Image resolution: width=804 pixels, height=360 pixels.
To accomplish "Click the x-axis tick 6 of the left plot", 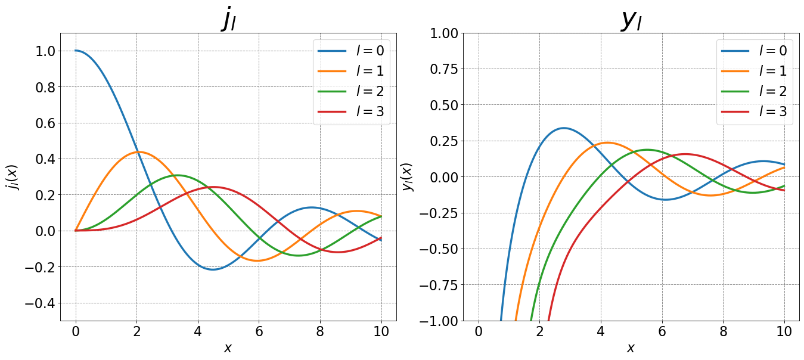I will (x=259, y=332).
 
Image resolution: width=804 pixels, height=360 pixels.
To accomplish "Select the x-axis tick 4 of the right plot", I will (x=601, y=332).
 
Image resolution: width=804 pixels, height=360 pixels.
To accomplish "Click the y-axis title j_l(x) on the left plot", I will (x=12, y=176).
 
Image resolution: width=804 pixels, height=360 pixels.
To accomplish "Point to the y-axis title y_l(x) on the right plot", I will (x=408, y=176).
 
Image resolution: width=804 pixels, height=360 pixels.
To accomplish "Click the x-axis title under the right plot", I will (x=631, y=348).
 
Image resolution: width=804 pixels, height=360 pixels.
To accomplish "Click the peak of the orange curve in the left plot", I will (x=139, y=152).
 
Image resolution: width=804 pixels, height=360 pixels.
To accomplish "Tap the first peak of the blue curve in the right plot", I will (x=564, y=128).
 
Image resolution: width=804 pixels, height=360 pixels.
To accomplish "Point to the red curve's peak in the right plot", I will (x=685, y=154).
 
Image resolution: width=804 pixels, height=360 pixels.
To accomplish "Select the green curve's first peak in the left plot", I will (x=178, y=175).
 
